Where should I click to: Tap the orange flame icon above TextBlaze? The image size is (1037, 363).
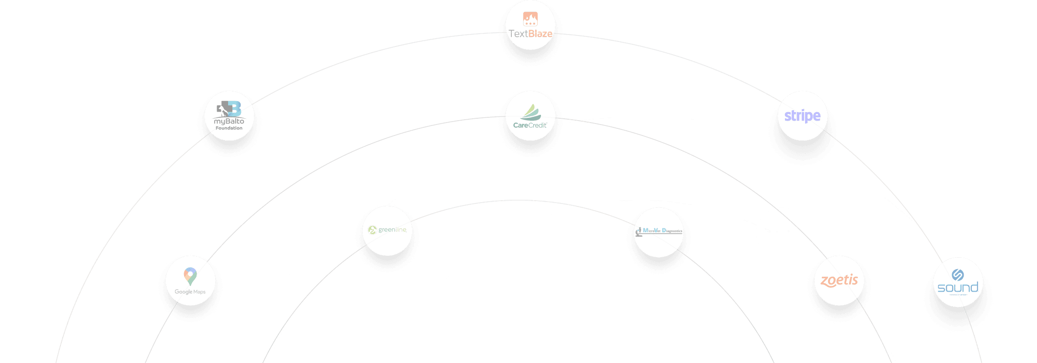530,19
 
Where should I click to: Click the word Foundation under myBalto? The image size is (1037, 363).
229,128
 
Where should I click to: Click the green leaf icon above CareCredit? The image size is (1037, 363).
531,113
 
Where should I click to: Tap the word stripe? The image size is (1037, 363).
802,116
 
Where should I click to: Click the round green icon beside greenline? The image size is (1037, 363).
372,230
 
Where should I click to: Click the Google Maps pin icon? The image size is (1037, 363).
190,276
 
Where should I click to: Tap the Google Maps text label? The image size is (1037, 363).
190,292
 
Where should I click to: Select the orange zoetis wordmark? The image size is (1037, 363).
839,280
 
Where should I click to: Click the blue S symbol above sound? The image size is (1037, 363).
957,274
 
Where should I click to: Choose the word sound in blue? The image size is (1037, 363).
957,287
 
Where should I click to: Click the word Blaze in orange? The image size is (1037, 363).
541,34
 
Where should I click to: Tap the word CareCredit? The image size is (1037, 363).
530,125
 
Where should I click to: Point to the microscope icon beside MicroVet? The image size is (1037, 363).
639,232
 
